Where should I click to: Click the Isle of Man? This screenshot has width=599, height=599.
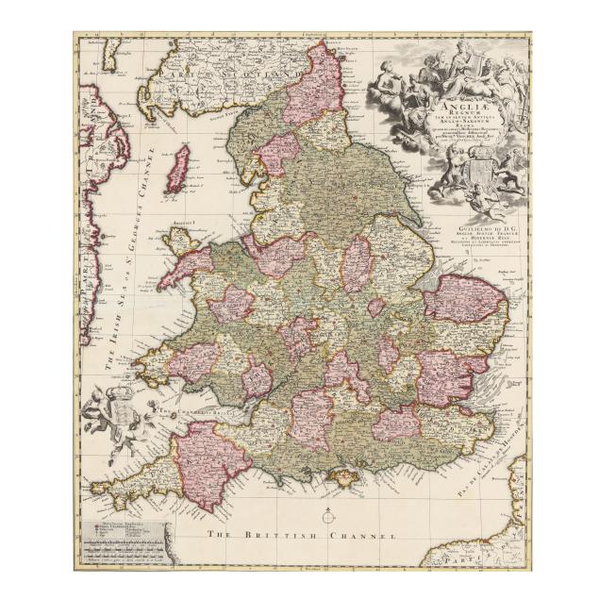[176, 170]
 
